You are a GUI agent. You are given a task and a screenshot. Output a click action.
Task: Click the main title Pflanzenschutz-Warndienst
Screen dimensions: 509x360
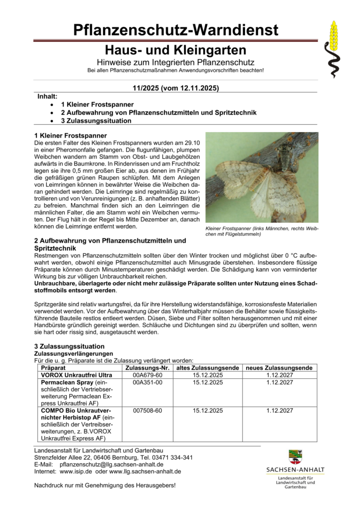[x=176, y=30]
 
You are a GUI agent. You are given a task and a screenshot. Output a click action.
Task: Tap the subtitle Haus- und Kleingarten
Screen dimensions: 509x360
[x=176, y=50]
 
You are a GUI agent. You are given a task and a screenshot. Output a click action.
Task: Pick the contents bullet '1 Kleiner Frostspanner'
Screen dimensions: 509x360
[x=97, y=105]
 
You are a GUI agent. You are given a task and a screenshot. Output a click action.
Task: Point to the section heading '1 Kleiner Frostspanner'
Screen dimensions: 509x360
[x=71, y=135]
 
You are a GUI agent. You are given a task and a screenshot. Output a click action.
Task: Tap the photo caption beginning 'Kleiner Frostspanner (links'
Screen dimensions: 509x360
[x=262, y=231]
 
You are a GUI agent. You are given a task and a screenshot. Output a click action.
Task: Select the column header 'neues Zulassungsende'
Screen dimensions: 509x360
[x=279, y=368]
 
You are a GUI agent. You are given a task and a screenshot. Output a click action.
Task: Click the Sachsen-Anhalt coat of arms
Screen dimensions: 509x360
[x=295, y=456]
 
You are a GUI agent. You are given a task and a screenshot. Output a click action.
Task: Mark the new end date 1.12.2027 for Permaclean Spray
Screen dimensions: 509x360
[x=279, y=382]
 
